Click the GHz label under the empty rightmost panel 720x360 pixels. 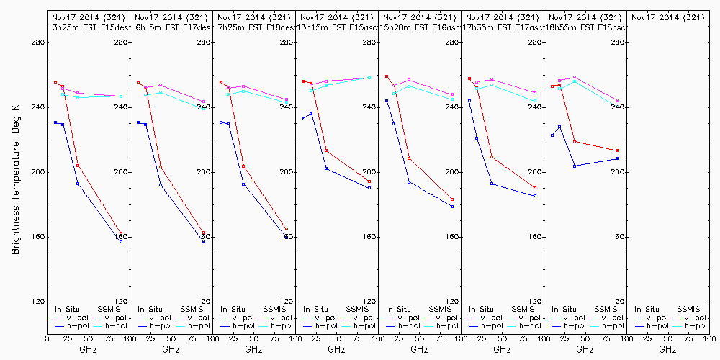click(x=667, y=349)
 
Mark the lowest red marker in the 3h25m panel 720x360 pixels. click(x=121, y=234)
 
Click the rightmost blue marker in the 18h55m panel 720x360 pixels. click(x=618, y=158)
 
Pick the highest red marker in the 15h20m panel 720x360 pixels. click(x=387, y=76)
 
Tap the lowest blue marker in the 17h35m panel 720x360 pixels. click(x=535, y=196)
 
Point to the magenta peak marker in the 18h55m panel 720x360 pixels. click(x=575, y=77)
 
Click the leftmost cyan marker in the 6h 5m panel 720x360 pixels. click(x=145, y=95)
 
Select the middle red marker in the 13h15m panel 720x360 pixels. click(x=326, y=150)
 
